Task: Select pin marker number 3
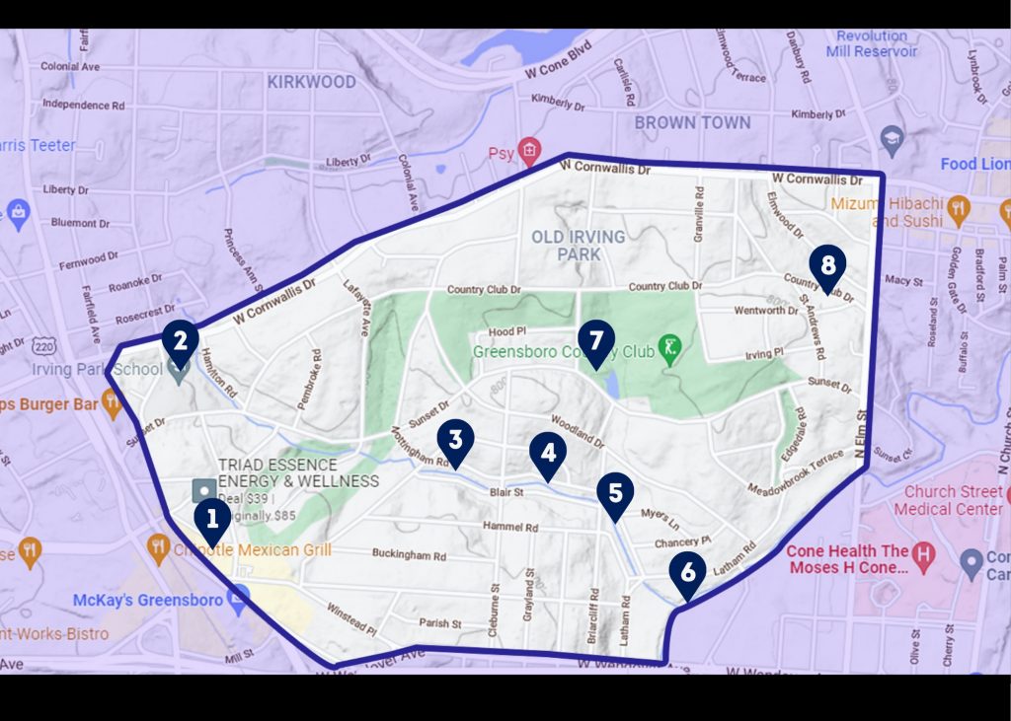pyautogui.click(x=455, y=441)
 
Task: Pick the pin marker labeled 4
pyautogui.click(x=548, y=454)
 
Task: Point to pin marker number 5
pyautogui.click(x=615, y=494)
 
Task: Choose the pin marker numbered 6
pyautogui.click(x=687, y=574)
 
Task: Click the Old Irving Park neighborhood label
pyautogui.click(x=578, y=246)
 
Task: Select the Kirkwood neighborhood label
pyautogui.click(x=311, y=82)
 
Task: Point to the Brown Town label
pyautogui.click(x=692, y=122)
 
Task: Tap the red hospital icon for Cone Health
pyautogui.click(x=923, y=553)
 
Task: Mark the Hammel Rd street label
pyautogui.click(x=510, y=527)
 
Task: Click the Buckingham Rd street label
pyautogui.click(x=409, y=554)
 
